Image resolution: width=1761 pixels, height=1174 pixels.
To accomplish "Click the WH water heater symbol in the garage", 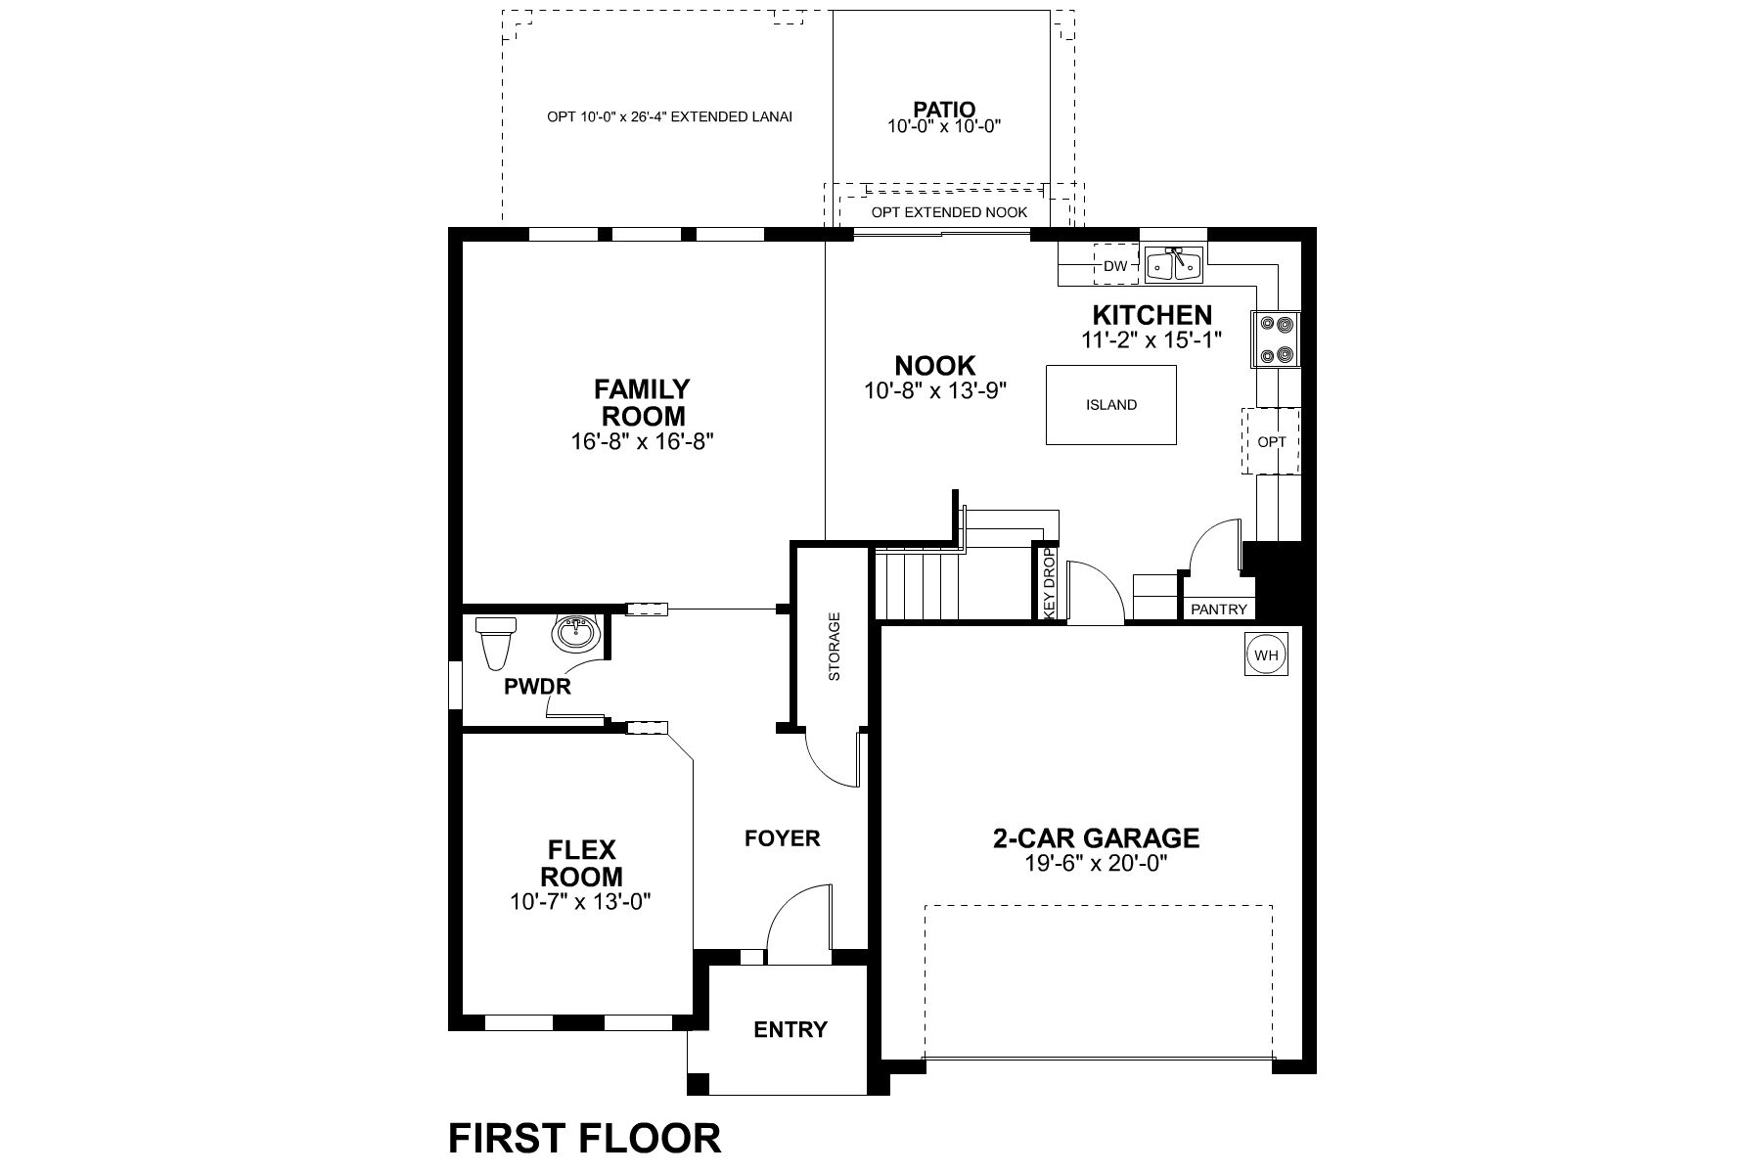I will click(1266, 655).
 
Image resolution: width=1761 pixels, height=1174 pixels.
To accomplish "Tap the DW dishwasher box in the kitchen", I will click(1115, 265).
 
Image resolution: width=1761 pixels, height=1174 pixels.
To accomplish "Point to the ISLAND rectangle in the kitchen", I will click(1111, 404).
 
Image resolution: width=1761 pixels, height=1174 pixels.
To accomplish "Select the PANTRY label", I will click(1219, 610).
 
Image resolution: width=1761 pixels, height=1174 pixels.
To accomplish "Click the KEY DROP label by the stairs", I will click(1049, 582).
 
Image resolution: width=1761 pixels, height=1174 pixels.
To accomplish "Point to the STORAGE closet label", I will click(835, 647).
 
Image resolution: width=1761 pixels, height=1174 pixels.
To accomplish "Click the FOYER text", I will click(782, 838).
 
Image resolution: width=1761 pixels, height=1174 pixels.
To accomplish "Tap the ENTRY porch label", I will click(790, 1029).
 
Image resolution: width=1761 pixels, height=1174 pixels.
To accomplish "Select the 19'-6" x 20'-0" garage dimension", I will click(1097, 864).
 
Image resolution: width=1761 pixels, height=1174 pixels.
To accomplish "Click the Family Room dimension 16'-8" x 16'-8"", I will click(643, 441).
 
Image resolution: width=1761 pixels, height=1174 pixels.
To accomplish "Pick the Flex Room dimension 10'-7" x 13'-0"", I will click(580, 901).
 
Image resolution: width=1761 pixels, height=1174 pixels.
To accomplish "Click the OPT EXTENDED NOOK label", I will click(949, 212).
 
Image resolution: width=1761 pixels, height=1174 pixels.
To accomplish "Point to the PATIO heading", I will click(944, 109).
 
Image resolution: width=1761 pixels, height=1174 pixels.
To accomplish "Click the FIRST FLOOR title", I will click(584, 1139).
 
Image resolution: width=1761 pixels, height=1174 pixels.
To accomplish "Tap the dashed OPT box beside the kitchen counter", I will click(1272, 441).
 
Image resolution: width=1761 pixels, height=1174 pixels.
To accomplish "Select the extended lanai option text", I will click(669, 116).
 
